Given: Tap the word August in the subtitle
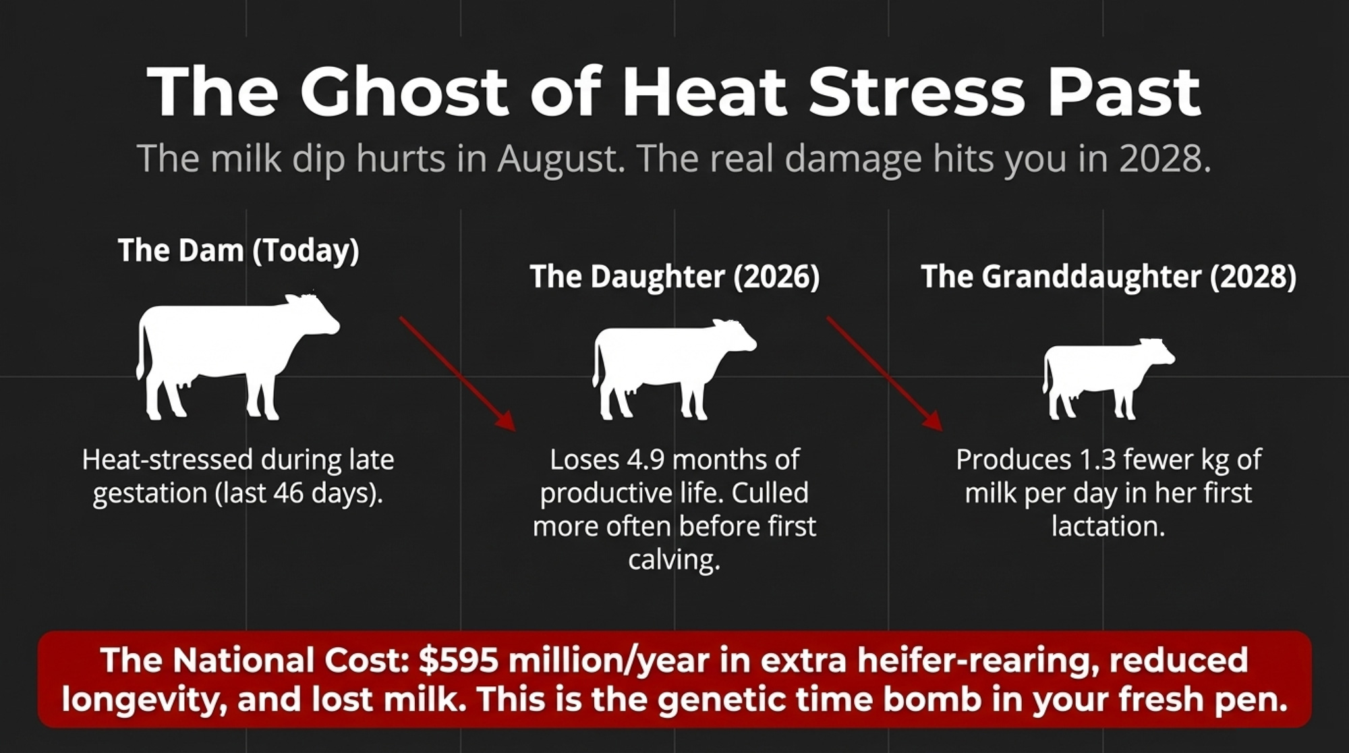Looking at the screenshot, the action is point(561,159).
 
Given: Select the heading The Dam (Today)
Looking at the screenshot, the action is point(239,250).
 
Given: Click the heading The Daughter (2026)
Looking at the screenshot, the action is point(674,277).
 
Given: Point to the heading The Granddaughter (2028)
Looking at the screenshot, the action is point(1108,277).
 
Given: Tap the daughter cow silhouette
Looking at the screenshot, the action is point(674,370).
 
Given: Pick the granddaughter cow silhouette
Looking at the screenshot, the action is point(1108,379).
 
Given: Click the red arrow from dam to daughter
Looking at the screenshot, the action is point(457,373).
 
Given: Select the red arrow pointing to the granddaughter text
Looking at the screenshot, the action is point(885,373).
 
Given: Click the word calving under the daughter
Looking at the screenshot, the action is point(674,560).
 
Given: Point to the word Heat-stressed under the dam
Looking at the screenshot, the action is point(167,460).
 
